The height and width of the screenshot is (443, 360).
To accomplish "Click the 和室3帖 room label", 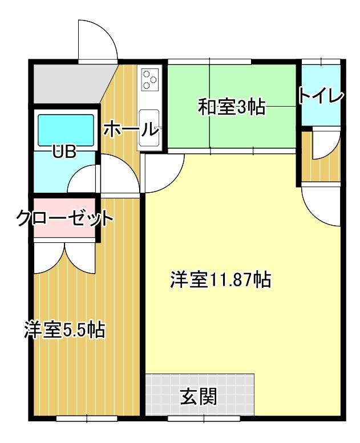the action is click(x=232, y=107).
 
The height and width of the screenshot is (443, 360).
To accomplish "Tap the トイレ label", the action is click(x=321, y=96).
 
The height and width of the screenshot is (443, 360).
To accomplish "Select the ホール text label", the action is click(x=130, y=129).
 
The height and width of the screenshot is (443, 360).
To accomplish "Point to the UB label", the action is click(x=64, y=152).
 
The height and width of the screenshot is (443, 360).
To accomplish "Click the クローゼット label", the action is click(x=64, y=218).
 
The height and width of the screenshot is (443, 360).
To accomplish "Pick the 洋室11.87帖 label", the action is click(x=221, y=280).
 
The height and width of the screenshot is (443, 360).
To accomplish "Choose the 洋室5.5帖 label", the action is click(x=64, y=330).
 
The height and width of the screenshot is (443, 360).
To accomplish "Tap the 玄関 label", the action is click(x=199, y=396).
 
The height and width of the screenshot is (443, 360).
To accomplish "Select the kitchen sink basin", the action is click(x=149, y=127).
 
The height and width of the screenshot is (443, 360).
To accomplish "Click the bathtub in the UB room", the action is click(x=66, y=130).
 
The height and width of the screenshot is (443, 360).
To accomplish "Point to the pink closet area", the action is click(x=64, y=218).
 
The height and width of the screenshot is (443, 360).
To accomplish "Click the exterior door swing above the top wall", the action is click(x=98, y=40).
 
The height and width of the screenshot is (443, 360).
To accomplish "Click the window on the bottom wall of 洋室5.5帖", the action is click(x=87, y=418).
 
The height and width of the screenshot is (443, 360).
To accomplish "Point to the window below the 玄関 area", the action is click(x=204, y=418).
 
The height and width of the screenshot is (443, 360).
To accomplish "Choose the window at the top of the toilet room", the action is click(x=321, y=62).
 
